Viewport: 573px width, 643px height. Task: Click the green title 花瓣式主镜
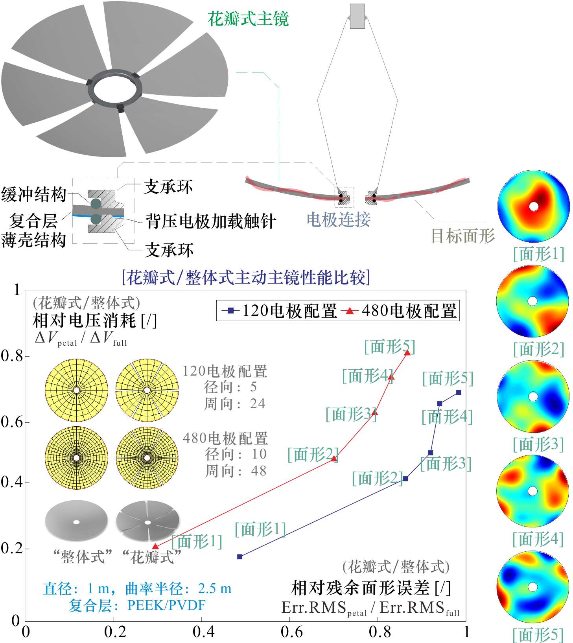[248, 19]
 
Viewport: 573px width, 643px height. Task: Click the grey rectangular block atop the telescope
[357, 17]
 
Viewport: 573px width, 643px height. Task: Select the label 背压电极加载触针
[211, 221]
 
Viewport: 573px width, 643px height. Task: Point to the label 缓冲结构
[34, 195]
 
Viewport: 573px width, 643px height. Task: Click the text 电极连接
[339, 219]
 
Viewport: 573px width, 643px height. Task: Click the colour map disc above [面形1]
[534, 206]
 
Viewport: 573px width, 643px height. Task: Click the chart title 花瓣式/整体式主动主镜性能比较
[246, 278]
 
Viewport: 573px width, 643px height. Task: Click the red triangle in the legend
[349, 311]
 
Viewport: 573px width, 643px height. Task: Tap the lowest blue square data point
[240, 556]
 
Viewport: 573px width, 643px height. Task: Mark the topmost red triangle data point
[407, 353]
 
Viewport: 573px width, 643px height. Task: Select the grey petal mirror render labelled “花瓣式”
[148, 521]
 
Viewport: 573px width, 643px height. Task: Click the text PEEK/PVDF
[166, 605]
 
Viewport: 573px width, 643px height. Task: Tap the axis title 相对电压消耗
[84, 321]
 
